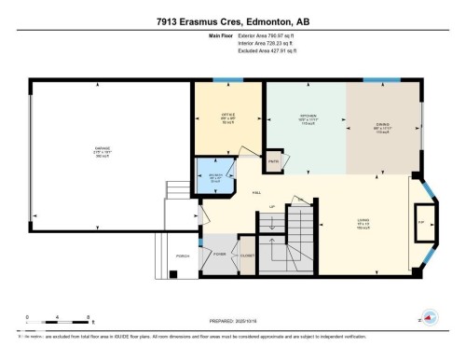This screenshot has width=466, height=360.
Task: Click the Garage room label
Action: click(x=108, y=151)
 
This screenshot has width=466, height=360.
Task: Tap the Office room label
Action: click(x=228, y=118)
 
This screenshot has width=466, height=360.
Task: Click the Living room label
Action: click(x=363, y=224)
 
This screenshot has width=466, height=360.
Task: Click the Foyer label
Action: click(x=219, y=254)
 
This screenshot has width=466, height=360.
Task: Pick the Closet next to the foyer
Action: click(x=248, y=254)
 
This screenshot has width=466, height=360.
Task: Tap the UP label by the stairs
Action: click(x=271, y=206)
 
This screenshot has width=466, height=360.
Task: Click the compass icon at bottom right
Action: click(x=429, y=315)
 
